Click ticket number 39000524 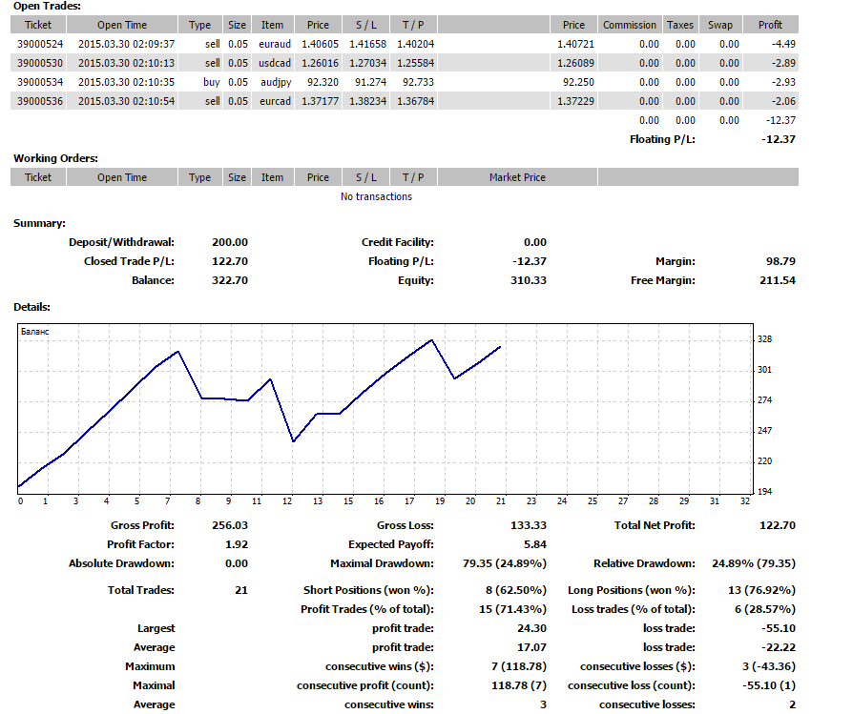click(40, 44)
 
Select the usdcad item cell click(275, 63)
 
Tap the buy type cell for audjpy click(212, 82)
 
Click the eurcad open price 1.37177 click(320, 101)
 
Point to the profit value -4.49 click(783, 44)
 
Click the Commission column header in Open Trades click(630, 25)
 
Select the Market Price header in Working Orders click(517, 177)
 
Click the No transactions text click(377, 196)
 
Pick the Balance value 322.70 click(230, 280)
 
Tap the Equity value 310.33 click(529, 280)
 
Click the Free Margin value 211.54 click(778, 280)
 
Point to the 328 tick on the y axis click(765, 339)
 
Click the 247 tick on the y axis click(765, 430)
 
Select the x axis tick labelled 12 click(287, 501)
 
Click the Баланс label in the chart click(34, 332)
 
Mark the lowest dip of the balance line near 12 click(293, 441)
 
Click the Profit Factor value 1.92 click(237, 544)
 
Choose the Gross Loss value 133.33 click(529, 525)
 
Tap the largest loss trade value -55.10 click(779, 629)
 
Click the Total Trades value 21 click(241, 591)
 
